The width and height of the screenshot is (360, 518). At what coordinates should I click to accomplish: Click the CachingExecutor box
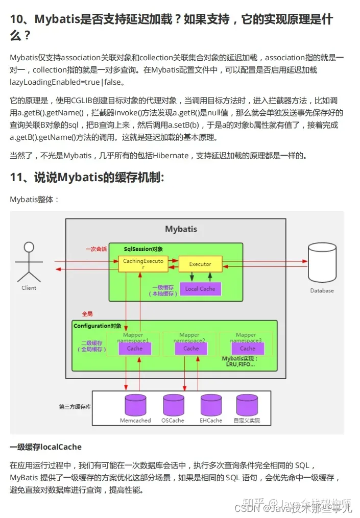tap(136, 264)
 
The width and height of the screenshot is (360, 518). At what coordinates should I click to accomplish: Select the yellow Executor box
tap(200, 264)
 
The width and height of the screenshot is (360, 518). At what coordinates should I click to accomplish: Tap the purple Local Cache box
tap(200, 289)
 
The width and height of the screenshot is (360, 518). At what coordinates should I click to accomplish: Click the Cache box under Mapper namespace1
tap(135, 349)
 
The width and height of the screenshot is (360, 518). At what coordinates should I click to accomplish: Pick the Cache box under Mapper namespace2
tap(191, 349)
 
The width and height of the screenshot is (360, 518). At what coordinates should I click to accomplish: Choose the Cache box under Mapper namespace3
tap(248, 349)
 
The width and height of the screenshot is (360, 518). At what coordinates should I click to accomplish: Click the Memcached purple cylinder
tap(135, 405)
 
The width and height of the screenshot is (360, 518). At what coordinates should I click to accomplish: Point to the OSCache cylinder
tap(173, 405)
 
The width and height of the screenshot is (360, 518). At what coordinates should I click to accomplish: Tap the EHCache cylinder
tap(211, 405)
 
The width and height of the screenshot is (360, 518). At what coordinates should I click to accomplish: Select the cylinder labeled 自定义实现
tap(247, 405)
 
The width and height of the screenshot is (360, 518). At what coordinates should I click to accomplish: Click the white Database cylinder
tap(322, 264)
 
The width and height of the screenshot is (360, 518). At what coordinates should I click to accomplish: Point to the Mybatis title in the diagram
tap(181, 229)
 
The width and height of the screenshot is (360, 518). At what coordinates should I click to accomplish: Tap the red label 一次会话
tap(96, 249)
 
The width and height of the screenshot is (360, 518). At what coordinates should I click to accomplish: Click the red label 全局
tap(87, 314)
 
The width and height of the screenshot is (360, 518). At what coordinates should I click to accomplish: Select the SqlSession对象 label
tap(143, 249)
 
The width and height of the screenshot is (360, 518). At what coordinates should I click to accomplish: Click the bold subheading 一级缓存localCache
tap(46, 447)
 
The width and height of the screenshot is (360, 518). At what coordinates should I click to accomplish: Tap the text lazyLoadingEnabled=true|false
tap(67, 82)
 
